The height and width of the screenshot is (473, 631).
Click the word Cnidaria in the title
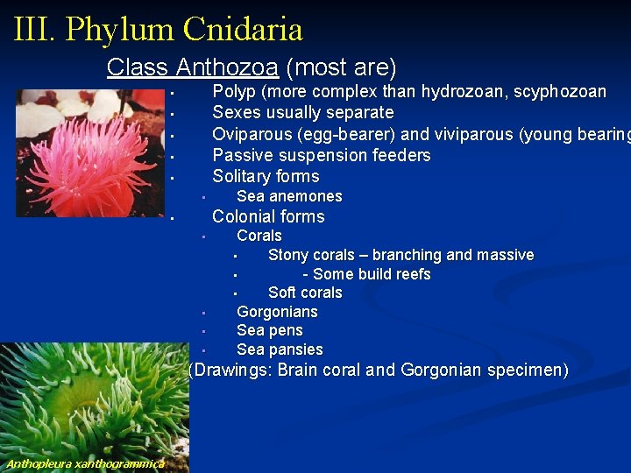pyautogui.click(x=243, y=30)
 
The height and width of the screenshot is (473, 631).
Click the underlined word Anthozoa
pyautogui.click(x=227, y=67)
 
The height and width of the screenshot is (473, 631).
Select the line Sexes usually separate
pyautogui.click(x=302, y=112)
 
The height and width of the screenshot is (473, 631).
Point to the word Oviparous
pyautogui.click(x=252, y=134)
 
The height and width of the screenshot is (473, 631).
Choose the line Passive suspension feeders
pyautogui.click(x=321, y=155)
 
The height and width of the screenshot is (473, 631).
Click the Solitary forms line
pyautogui.click(x=266, y=176)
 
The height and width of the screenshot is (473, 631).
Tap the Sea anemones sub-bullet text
pyautogui.click(x=289, y=196)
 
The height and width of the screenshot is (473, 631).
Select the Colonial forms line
pyautogui.click(x=268, y=216)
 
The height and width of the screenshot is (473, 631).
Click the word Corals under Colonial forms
pyautogui.click(x=259, y=236)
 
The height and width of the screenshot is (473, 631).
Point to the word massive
pyautogui.click(x=502, y=255)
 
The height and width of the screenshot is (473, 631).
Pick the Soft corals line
pyautogui.click(x=304, y=293)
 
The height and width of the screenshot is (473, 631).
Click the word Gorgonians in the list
pyautogui.click(x=277, y=312)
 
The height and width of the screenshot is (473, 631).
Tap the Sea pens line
pyautogui.click(x=269, y=330)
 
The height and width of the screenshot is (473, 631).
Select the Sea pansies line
pyautogui.click(x=280, y=349)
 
